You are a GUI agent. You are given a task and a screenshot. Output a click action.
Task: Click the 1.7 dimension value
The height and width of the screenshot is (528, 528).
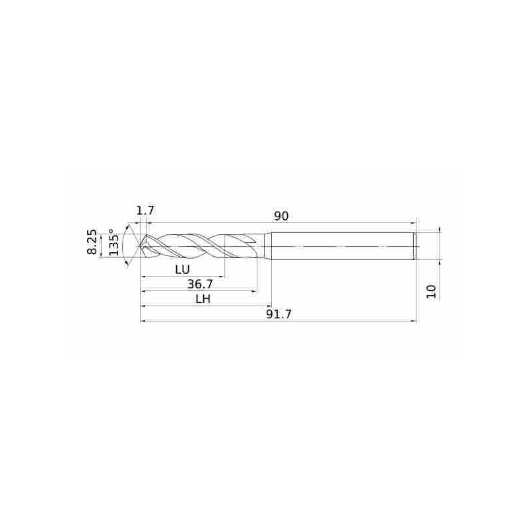coord(145,211)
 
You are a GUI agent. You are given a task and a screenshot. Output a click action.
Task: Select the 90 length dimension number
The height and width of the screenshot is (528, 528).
coord(281,216)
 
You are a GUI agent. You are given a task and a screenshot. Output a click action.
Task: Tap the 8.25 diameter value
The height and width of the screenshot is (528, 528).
coord(92,242)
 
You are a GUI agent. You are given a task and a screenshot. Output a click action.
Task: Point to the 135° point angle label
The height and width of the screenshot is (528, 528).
coord(114,242)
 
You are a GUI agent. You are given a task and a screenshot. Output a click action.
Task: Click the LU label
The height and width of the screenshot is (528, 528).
coord(183,269)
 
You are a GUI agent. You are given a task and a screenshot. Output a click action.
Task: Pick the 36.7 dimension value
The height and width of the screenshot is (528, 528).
coord(200,284)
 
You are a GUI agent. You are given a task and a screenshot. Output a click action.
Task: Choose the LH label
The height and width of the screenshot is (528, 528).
coord(203,299)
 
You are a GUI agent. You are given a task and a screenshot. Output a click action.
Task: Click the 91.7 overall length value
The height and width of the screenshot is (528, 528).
coord(279,314)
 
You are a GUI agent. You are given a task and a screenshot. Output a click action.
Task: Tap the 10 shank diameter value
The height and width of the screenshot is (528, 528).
coord(431,291)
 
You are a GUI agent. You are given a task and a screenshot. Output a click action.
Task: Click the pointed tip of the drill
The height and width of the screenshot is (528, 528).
coord(141,246)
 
